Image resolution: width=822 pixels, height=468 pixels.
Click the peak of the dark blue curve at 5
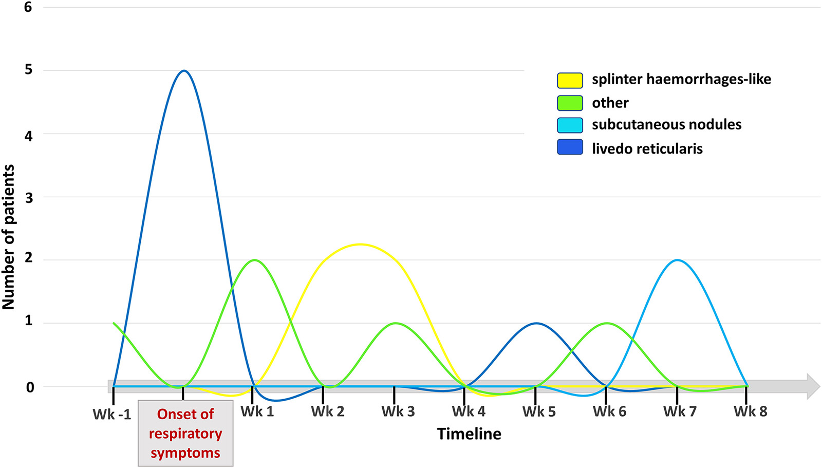click(x=184, y=71)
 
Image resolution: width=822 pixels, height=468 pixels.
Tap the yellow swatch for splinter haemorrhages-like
click(x=570, y=80)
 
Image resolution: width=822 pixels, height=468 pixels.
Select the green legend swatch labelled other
click(x=570, y=103)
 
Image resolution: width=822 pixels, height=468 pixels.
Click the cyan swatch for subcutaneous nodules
click(x=570, y=125)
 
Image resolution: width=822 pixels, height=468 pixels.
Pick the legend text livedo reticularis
click(x=647, y=148)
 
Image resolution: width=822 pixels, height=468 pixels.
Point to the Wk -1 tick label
click(x=112, y=414)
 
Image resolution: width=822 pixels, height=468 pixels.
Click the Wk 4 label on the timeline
click(x=468, y=411)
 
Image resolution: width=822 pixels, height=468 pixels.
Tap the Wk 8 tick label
click(x=750, y=411)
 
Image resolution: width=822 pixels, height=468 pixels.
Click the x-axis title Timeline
click(x=469, y=434)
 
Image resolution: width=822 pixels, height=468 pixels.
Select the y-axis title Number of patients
click(x=9, y=237)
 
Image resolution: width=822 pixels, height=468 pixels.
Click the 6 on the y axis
click(x=28, y=7)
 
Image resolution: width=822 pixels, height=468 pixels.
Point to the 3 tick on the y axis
click(x=28, y=198)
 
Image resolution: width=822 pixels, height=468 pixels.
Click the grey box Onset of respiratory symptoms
click(x=185, y=434)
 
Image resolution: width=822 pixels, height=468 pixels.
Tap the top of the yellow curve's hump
click(x=360, y=244)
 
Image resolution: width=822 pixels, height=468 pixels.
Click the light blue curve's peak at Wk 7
click(x=678, y=260)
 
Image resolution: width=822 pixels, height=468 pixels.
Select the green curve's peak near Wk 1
click(x=254, y=260)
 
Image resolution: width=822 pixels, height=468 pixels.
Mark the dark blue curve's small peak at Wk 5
click(x=536, y=323)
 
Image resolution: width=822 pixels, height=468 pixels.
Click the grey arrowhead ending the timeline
click(x=813, y=386)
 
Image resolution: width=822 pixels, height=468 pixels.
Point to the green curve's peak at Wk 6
click(x=607, y=323)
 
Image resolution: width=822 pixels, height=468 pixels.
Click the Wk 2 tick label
click(x=327, y=411)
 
